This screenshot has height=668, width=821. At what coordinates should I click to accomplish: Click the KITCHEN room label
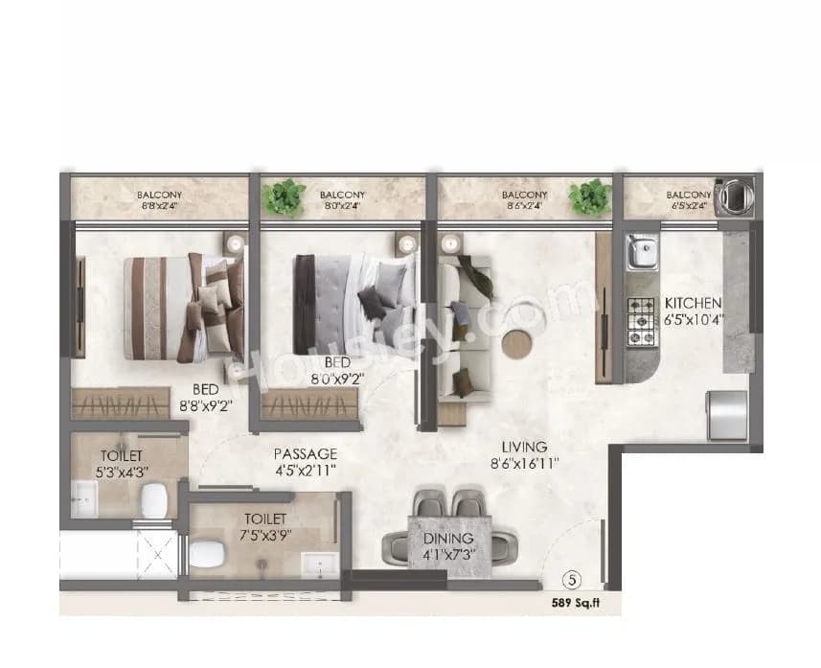tap(696, 303)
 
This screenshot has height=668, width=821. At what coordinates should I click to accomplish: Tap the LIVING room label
tap(523, 447)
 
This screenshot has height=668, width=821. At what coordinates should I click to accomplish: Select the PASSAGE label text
tap(305, 453)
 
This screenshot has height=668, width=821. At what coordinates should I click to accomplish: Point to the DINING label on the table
tap(449, 540)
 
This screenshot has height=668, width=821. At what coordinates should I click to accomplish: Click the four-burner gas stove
tap(640, 321)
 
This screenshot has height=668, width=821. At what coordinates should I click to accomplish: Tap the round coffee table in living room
tap(520, 341)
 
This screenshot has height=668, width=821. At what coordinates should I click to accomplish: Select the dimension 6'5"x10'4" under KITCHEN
tap(696, 319)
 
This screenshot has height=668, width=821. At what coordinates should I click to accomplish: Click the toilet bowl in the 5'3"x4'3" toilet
tap(153, 497)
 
